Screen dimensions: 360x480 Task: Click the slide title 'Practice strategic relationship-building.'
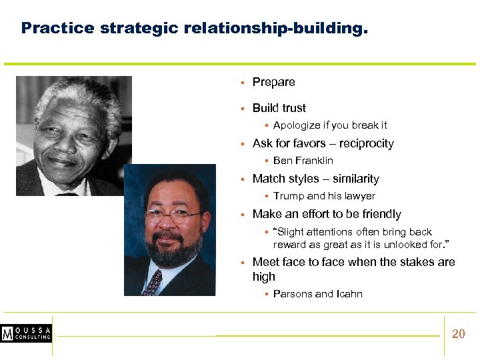tap(194, 29)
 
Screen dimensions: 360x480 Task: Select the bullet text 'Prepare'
tap(273, 82)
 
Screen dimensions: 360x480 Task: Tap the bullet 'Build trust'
tap(279, 108)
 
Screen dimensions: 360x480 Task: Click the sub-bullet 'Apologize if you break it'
tap(330, 125)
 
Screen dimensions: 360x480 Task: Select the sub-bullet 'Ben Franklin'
tap(303, 161)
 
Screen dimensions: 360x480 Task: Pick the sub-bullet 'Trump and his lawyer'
tap(324, 196)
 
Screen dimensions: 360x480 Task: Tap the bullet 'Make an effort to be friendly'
tap(327, 214)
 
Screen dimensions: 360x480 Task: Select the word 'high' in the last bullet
tap(264, 277)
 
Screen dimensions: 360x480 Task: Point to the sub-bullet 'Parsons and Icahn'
tap(317, 294)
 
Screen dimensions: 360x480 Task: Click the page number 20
tap(459, 334)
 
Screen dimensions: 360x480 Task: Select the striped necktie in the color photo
tap(153, 283)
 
